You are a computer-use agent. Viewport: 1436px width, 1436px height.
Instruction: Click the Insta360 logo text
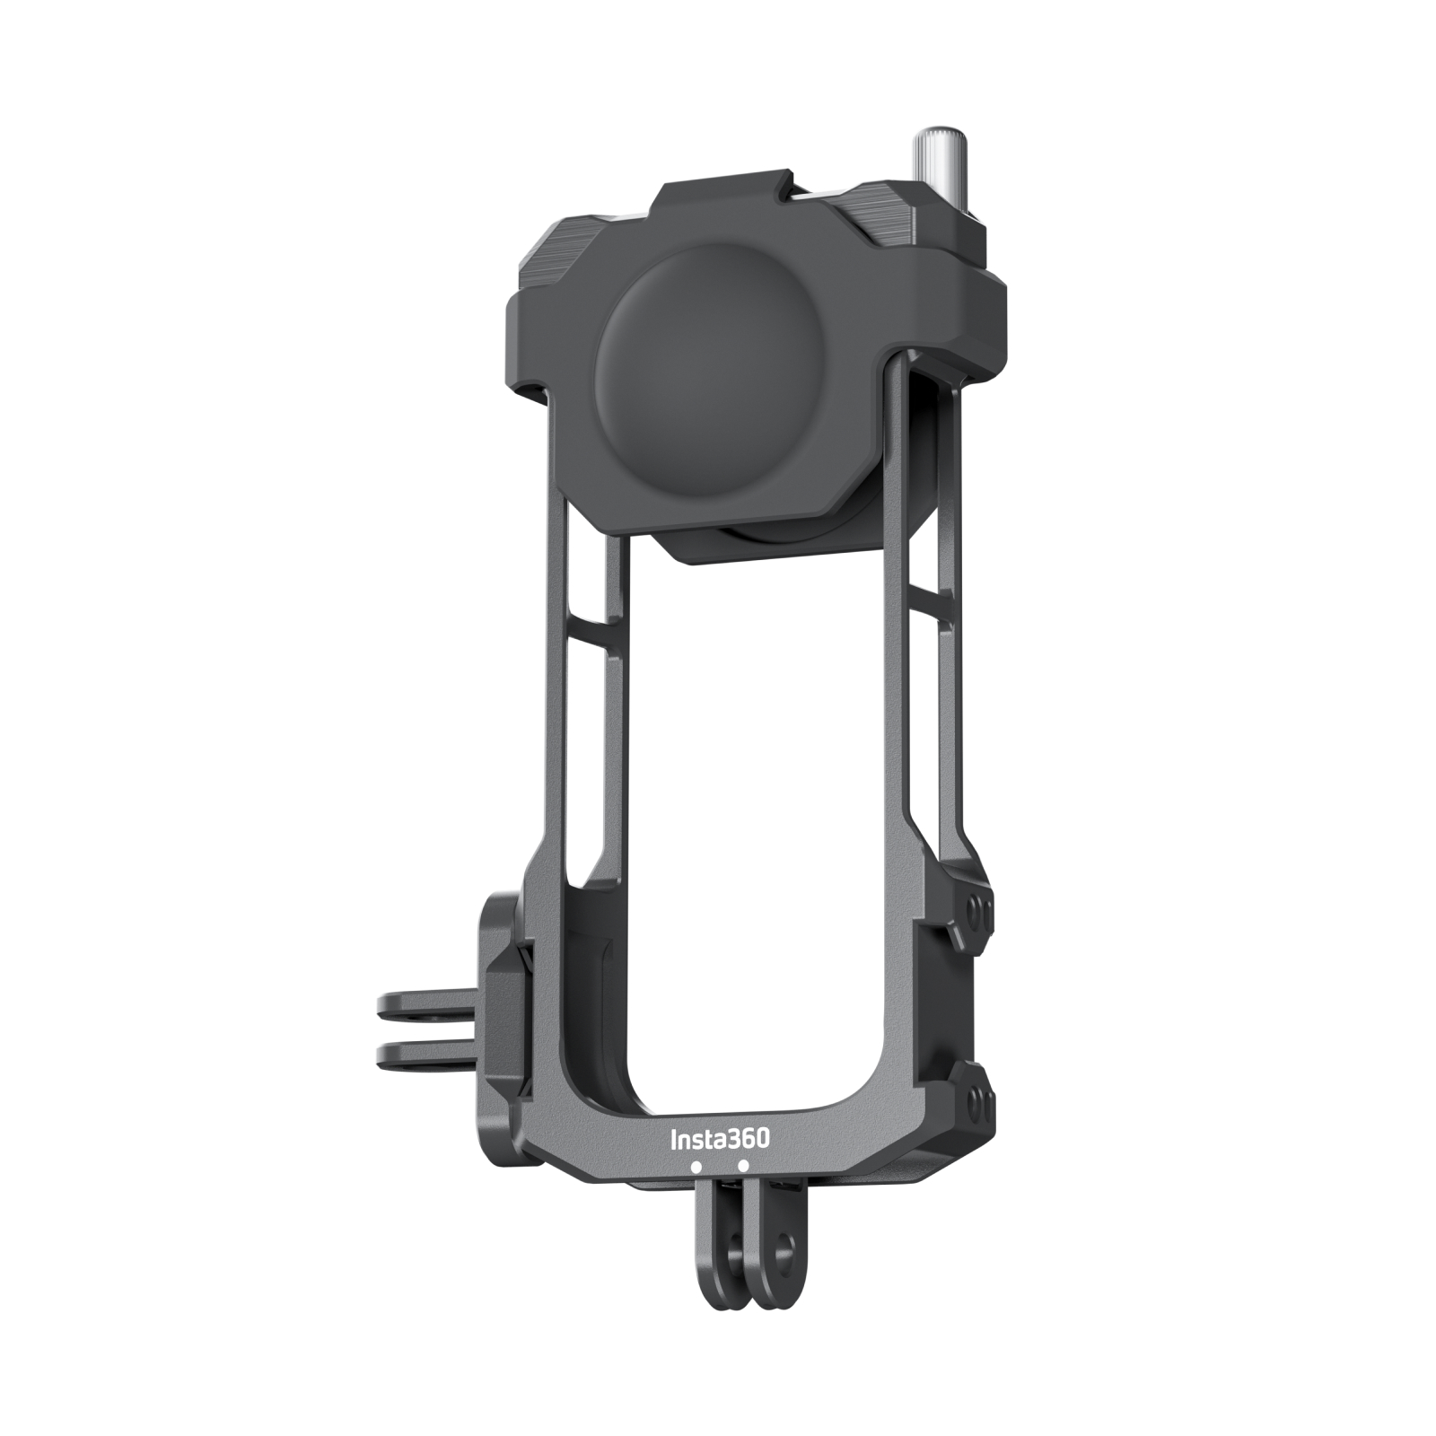point(720,1139)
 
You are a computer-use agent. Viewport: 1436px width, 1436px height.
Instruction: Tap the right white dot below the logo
point(743,1167)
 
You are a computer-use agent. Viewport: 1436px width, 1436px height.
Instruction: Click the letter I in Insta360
point(675,1140)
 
